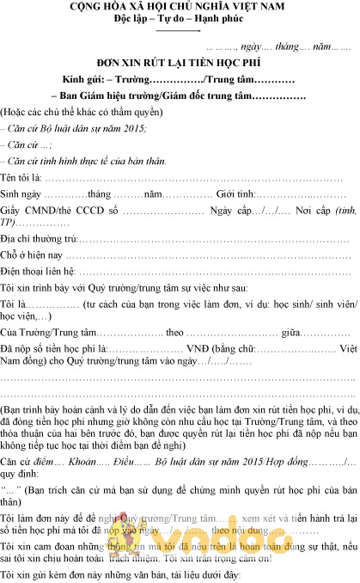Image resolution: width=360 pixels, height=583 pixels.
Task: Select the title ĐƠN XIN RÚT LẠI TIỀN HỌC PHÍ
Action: pyautogui.click(x=180, y=64)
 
